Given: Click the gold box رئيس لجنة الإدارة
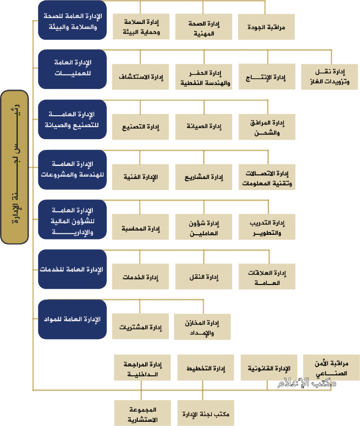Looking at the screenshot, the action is click(x=15, y=167).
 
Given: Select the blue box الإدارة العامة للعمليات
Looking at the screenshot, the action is click(x=72, y=69).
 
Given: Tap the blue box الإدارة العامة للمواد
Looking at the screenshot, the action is click(x=72, y=319).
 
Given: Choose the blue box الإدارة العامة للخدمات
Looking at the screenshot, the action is click(x=72, y=269).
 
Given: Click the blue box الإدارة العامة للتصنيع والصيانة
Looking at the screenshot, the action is click(x=72, y=119).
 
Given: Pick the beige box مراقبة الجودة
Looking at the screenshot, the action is click(x=266, y=27).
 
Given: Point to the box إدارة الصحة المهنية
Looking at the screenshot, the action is click(x=204, y=27).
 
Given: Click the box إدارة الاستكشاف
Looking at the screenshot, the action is click(x=141, y=77).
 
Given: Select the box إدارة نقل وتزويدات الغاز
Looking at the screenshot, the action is click(x=330, y=77).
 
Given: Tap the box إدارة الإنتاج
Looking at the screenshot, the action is click(x=267, y=76).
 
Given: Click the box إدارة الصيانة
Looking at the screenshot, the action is click(x=204, y=127).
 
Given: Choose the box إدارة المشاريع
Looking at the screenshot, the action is click(x=204, y=177).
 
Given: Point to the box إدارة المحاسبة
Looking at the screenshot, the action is click(x=141, y=227).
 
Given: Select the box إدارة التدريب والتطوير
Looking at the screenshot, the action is click(x=267, y=227).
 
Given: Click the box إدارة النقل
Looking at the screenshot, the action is click(x=204, y=277).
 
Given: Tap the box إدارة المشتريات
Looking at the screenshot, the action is click(x=141, y=326).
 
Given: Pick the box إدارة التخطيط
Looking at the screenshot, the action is click(x=206, y=367).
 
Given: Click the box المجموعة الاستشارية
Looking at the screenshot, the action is click(x=142, y=413).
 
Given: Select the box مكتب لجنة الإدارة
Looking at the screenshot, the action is click(x=206, y=413).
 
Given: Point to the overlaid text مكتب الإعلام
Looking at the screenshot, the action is click(x=307, y=383).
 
